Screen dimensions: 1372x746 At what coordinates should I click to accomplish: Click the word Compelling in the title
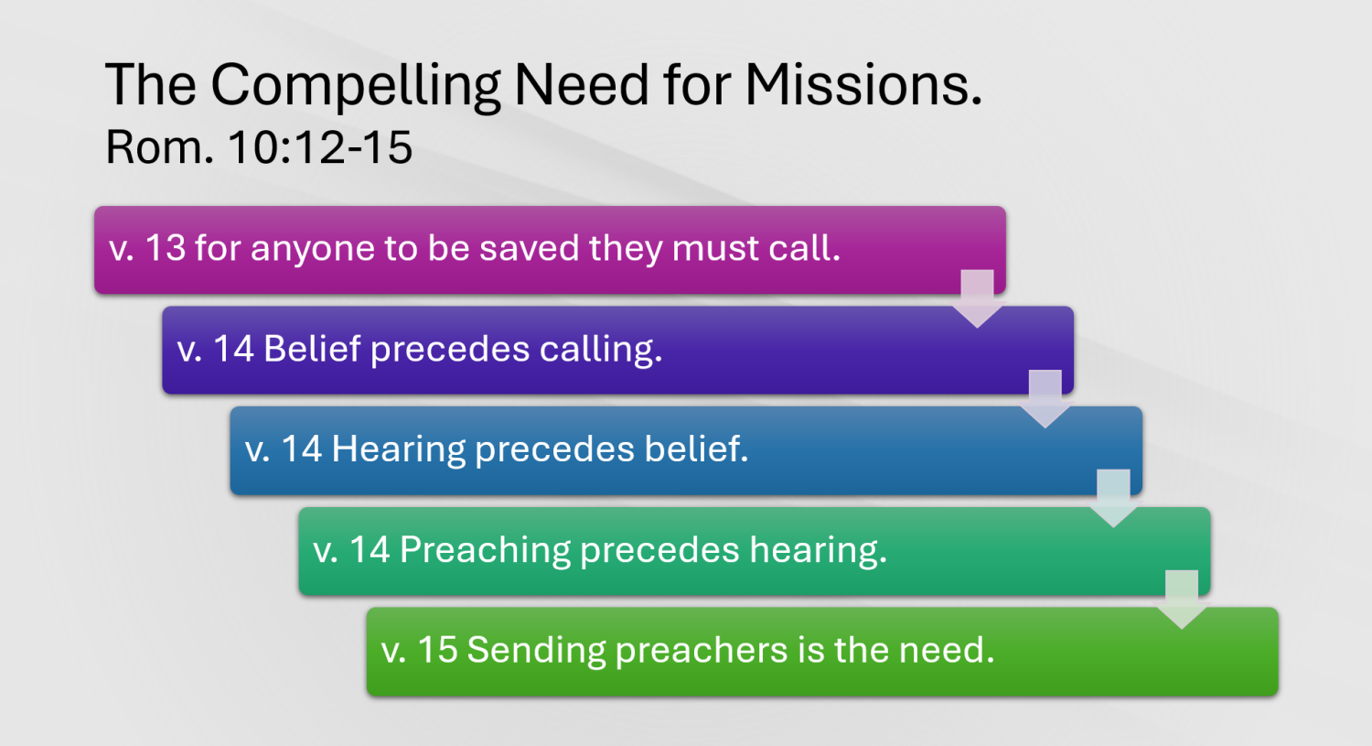pos(355,87)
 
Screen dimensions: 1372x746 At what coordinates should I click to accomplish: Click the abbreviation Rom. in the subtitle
pos(159,147)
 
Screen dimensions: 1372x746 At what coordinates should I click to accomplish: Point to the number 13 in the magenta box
pos(166,248)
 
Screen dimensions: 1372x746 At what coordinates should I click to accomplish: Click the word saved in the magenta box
pos(529,248)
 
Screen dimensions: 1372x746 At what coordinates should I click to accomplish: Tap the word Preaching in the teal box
pos(485,550)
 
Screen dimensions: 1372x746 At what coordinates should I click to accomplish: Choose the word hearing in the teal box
pos(818,550)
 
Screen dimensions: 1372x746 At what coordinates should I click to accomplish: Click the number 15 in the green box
pos(437,650)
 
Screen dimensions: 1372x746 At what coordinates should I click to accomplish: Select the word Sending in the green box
pos(536,651)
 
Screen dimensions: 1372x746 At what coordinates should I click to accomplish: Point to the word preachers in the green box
pos(702,651)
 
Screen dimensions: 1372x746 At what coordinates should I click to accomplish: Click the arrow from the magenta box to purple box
pos(977,298)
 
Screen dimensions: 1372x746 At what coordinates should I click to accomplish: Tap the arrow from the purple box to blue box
pos(1045,399)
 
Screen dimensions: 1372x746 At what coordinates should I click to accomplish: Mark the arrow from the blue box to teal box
pos(1113,498)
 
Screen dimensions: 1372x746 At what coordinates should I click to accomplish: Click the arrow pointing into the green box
pos(1182,600)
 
